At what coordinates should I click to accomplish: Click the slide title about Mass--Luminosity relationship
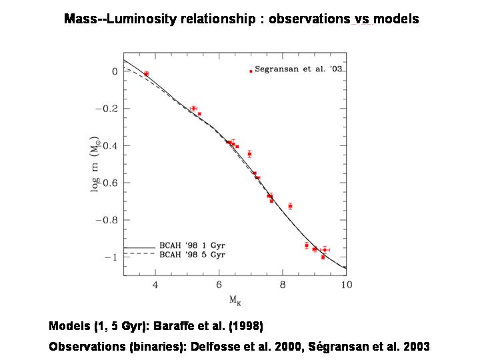click(241, 19)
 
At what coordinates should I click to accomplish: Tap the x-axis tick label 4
click(155, 285)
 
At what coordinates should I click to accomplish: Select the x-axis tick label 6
click(219, 285)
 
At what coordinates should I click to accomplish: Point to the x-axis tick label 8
click(283, 285)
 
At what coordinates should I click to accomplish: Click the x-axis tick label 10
click(345, 285)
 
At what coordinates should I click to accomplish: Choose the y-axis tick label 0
click(115, 71)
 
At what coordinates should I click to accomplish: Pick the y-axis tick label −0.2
click(109, 109)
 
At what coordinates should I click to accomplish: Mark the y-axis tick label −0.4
click(109, 146)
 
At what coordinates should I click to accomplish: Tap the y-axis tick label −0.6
click(109, 183)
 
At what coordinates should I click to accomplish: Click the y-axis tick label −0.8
click(109, 220)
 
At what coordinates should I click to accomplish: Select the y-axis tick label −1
click(111, 257)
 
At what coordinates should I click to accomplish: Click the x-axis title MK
click(235, 300)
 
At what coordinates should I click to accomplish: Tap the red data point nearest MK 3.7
click(146, 73)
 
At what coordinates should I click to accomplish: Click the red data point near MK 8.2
click(290, 206)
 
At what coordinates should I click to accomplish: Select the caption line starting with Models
click(156, 327)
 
